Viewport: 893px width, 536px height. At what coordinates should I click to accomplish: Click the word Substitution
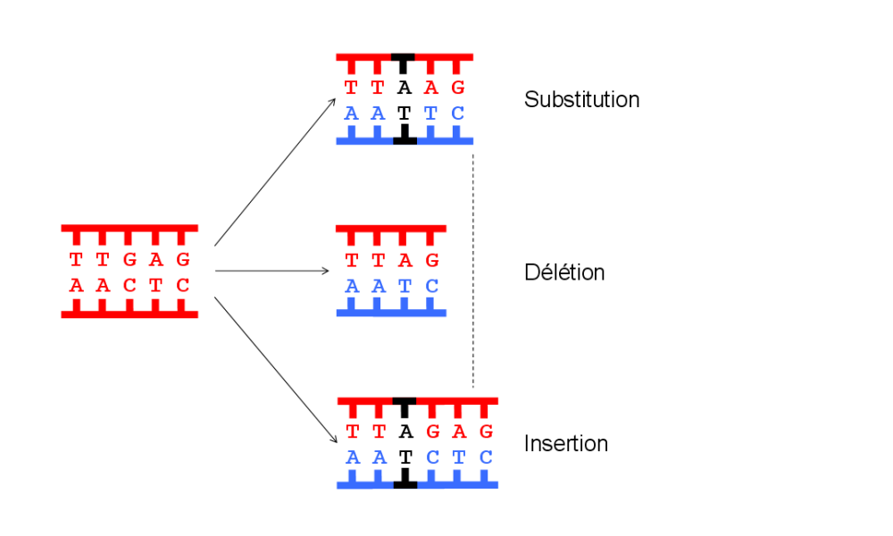[x=581, y=99]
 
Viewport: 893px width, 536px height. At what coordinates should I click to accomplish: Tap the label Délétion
[x=564, y=272]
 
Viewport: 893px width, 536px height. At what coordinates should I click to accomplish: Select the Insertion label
[x=566, y=443]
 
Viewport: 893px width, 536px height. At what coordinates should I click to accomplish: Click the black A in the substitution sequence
[x=405, y=88]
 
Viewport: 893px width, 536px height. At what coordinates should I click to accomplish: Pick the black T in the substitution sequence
[x=405, y=113]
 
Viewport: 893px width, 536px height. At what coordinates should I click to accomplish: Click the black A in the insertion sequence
[x=405, y=432]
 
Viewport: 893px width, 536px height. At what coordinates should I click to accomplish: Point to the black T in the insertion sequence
[x=405, y=457]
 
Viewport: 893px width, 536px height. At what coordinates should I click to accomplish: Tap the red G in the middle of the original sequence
[x=129, y=260]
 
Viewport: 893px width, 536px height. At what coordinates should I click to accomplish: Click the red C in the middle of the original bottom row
[x=129, y=286]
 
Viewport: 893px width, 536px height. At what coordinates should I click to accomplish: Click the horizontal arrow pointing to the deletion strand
[x=272, y=271]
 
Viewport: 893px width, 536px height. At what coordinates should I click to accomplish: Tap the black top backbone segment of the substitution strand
[x=405, y=58]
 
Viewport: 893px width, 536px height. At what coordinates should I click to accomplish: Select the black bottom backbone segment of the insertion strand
[x=405, y=484]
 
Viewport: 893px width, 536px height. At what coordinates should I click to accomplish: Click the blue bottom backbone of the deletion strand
[x=391, y=312]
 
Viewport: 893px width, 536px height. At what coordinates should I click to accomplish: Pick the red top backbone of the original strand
[x=129, y=229]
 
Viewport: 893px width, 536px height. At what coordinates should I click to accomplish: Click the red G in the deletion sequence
[x=432, y=260]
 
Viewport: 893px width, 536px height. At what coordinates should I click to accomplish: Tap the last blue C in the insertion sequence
[x=486, y=457]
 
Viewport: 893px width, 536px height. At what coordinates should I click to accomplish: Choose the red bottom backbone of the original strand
[x=129, y=314]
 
